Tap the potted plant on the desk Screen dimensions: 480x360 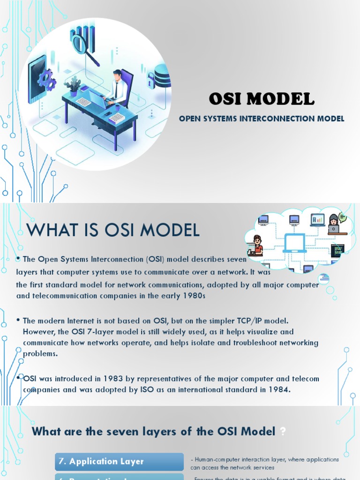73,87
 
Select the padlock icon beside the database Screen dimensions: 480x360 152,80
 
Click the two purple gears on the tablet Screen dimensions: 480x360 46,80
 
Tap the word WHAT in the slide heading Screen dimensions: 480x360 47,230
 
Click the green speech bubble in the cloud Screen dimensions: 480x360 342,217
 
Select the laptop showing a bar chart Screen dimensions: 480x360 317,220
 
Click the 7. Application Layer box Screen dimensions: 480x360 119,462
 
